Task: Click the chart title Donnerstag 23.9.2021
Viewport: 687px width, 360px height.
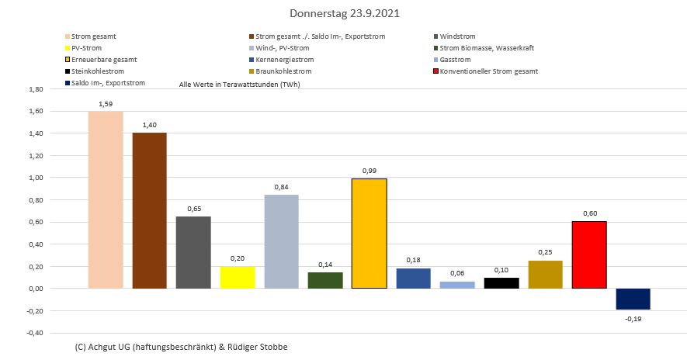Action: (345, 14)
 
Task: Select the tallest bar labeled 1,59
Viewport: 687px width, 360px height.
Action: (106, 200)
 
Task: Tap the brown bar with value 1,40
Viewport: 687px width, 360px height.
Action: (149, 210)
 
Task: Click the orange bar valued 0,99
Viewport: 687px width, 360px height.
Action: (369, 234)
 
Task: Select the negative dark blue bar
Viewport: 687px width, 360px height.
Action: (633, 299)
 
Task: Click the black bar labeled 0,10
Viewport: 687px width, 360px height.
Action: (501, 283)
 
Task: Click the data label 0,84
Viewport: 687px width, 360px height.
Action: (281, 186)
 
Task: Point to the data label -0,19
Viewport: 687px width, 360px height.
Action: (633, 318)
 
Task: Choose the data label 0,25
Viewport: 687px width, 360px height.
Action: (545, 252)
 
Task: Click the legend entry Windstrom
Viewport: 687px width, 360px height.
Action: (457, 36)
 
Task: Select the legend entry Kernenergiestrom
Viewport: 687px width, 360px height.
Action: (283, 60)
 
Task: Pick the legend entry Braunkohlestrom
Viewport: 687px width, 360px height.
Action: (284, 71)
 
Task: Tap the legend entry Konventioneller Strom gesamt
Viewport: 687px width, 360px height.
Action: (488, 71)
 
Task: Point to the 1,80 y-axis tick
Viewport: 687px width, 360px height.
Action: (35, 89)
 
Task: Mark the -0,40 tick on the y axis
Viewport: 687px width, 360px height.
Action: (34, 333)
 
